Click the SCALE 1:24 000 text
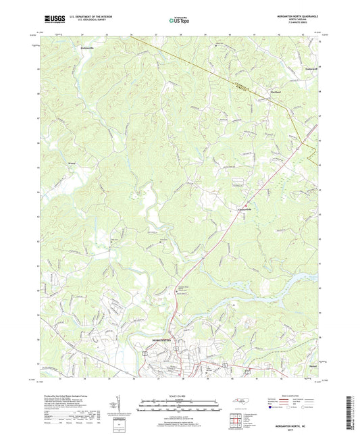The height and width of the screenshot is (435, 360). coord(180,395)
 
